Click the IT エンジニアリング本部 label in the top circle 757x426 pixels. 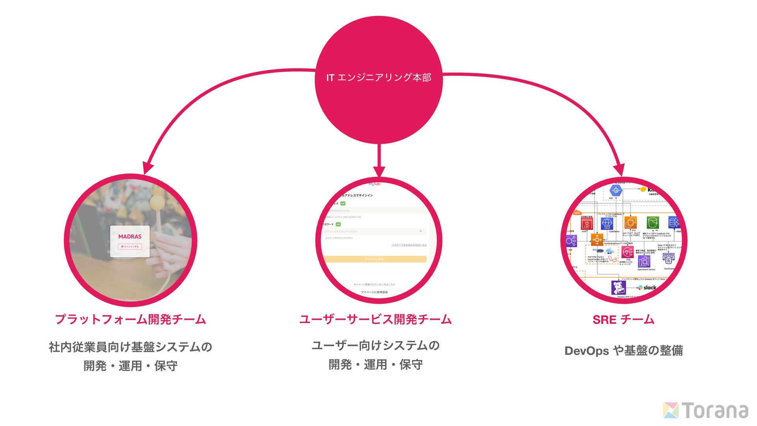click(x=378, y=78)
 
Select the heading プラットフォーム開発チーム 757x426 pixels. click(x=131, y=319)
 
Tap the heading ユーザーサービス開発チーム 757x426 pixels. click(x=375, y=319)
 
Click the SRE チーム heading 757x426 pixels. click(x=623, y=319)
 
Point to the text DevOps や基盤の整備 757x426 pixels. click(x=623, y=350)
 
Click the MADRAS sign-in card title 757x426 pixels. click(x=130, y=237)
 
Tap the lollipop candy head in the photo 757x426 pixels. click(x=157, y=202)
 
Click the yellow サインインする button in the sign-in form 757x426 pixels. click(x=375, y=259)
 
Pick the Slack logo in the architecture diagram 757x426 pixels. click(x=647, y=288)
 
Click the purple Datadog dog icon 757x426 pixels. click(x=618, y=288)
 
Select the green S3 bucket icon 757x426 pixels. click(x=653, y=223)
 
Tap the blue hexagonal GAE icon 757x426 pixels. click(x=616, y=191)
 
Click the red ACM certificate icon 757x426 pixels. click(x=587, y=224)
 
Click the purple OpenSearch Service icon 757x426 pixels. click(x=644, y=262)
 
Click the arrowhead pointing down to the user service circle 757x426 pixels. click(x=379, y=172)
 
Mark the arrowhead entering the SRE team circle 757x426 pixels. click(x=619, y=170)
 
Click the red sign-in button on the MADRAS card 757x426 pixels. click(x=130, y=247)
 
